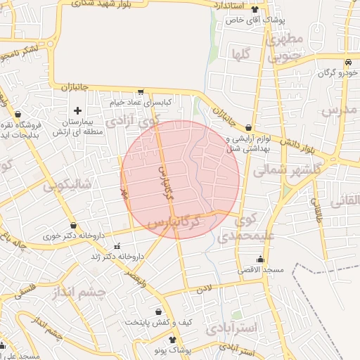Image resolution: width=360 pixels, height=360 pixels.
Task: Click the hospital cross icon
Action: click(x=77, y=110)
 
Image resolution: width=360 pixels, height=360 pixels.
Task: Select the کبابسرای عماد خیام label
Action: click(x=141, y=103)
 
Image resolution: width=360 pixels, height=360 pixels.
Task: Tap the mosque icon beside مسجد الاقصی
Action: click(x=260, y=259)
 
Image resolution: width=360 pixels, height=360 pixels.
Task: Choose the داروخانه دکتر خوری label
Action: click(x=73, y=236)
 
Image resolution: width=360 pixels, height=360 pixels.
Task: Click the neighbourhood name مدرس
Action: click(x=340, y=110)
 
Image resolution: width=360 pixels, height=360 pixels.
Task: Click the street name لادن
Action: click(x=204, y=288)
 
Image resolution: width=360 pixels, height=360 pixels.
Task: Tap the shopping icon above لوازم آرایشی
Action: click(x=248, y=127)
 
